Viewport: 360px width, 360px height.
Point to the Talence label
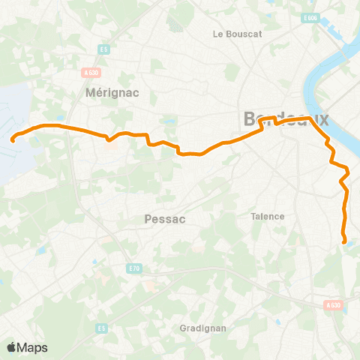[268, 216]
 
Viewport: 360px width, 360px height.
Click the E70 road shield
[133, 268]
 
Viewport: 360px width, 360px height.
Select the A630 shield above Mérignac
[91, 73]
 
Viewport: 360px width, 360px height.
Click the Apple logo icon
[11, 347]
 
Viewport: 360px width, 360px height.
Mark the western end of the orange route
[12, 139]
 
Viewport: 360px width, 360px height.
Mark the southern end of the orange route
[344, 241]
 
